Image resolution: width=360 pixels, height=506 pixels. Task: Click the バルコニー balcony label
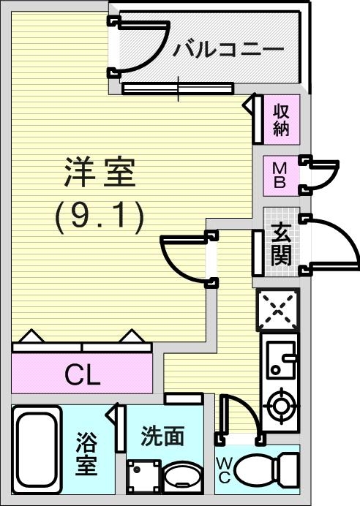click(x=228, y=50)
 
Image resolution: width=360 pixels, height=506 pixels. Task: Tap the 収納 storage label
click(x=281, y=120)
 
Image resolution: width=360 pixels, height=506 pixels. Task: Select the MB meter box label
click(x=280, y=176)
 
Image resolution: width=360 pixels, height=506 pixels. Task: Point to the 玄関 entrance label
click(x=281, y=244)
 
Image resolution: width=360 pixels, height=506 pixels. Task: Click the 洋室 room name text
click(x=100, y=172)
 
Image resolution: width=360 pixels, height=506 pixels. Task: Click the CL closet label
click(x=82, y=374)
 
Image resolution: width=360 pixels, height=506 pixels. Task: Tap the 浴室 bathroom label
click(x=86, y=454)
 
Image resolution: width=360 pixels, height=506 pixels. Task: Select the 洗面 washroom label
click(x=162, y=436)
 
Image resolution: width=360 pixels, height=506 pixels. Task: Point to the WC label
click(x=224, y=470)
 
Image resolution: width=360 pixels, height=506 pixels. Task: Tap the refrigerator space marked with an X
click(x=277, y=310)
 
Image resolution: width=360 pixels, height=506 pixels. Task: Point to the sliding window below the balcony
click(x=178, y=88)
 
